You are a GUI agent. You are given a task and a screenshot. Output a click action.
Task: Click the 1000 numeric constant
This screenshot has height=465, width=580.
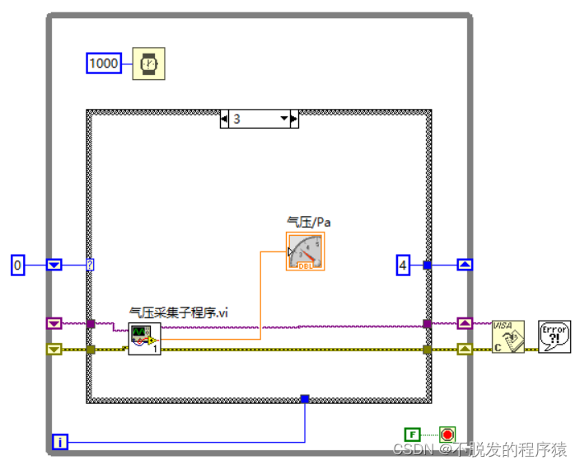click(104, 63)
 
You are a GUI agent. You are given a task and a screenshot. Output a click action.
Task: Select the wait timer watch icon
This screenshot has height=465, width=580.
click(148, 63)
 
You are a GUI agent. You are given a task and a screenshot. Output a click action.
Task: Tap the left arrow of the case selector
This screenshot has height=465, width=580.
click(224, 119)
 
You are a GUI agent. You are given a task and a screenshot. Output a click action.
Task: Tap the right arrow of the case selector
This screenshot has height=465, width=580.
click(294, 119)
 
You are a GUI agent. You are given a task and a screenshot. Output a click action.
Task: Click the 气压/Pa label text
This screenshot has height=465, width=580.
click(308, 222)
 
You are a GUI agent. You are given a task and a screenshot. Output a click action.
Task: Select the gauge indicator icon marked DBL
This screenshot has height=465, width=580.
click(306, 251)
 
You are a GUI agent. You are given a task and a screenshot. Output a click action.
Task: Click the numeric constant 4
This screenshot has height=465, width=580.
click(402, 265)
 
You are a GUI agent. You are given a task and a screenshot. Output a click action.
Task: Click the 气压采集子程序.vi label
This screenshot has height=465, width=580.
click(179, 312)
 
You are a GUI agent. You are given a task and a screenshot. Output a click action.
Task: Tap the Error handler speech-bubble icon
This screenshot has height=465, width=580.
click(554, 336)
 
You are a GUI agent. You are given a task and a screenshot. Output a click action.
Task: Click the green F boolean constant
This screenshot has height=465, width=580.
click(412, 434)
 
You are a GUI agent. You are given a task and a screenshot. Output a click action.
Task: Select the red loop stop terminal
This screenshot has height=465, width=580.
click(447, 434)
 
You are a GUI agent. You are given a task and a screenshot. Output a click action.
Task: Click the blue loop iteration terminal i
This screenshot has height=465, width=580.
click(61, 443)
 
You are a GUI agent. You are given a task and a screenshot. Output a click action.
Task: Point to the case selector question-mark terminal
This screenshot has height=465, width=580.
click(90, 265)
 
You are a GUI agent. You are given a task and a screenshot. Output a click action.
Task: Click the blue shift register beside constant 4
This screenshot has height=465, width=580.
click(465, 265)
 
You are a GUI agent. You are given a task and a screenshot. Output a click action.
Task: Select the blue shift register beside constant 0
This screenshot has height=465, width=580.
click(54, 265)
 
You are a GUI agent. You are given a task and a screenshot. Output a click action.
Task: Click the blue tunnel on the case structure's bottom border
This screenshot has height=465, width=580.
click(305, 399)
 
